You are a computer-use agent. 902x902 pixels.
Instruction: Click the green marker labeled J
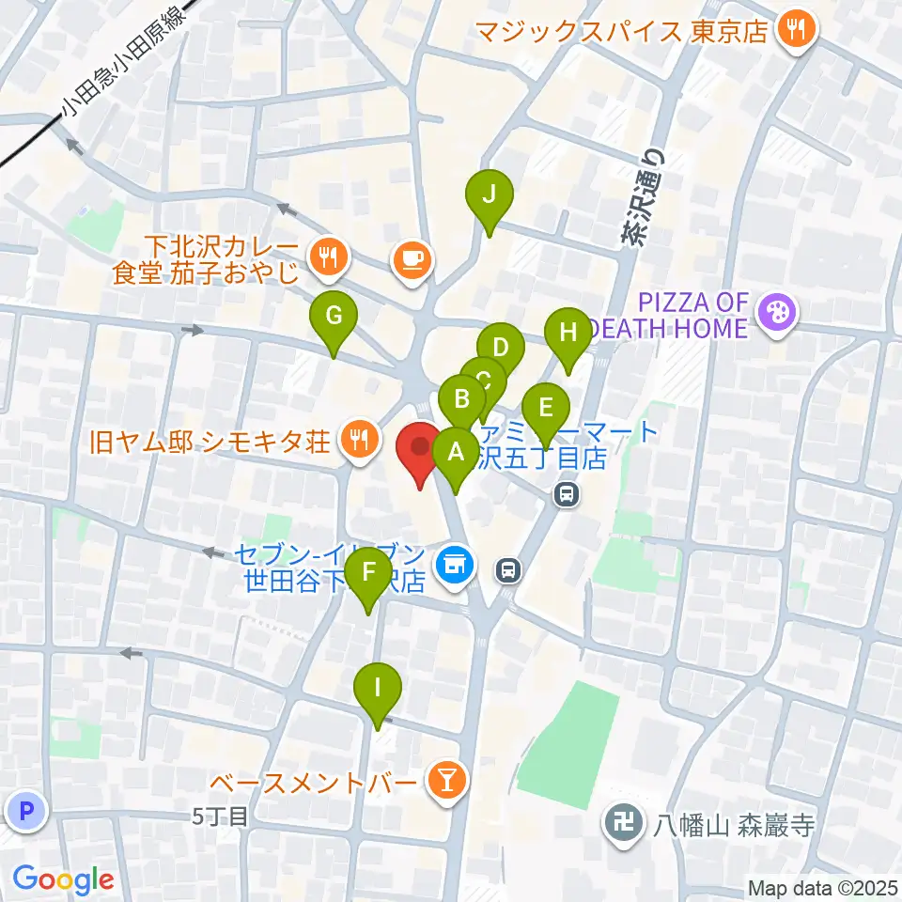[490, 196]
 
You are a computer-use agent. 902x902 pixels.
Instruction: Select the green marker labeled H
[567, 334]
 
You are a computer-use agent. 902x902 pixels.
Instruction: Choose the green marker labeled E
[545, 410]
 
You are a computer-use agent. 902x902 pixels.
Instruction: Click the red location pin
[419, 450]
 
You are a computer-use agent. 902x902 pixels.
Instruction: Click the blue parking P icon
[25, 810]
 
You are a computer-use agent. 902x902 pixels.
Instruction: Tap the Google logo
[63, 880]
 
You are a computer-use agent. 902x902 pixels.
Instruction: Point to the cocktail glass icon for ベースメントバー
[444, 780]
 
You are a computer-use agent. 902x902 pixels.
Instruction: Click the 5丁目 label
[221, 816]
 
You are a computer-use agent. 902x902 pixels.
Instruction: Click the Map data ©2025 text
[822, 887]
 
